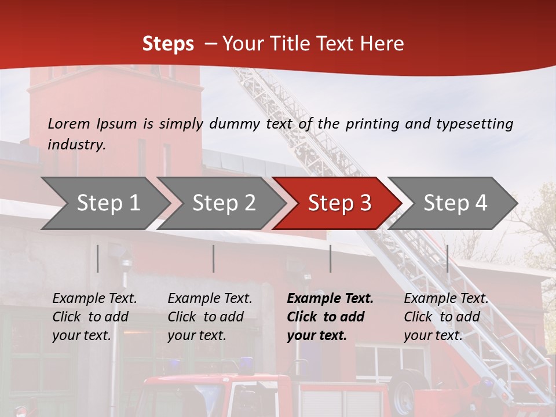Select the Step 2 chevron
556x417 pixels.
coord(223,203)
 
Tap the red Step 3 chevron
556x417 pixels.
coord(339,203)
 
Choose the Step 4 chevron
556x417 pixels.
coord(455,203)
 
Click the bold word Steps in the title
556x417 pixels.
coord(168,44)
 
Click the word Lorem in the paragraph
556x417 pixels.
coord(68,123)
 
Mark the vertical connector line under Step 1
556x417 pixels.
coord(98,258)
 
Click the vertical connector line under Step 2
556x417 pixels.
coord(214,258)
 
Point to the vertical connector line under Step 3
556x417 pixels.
coord(331,258)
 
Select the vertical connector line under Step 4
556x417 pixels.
coord(447,258)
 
